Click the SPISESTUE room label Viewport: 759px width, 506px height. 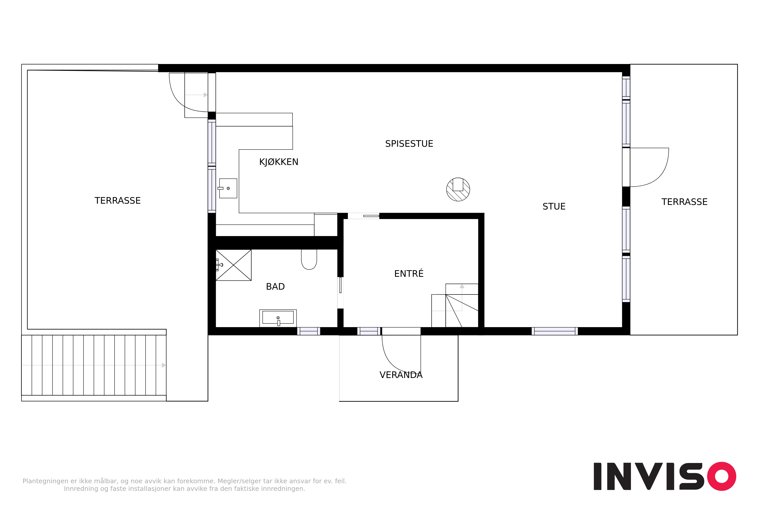(x=409, y=144)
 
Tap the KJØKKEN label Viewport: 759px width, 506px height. (x=279, y=162)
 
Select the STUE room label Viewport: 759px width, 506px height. (x=554, y=206)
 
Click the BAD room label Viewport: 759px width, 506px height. (x=275, y=287)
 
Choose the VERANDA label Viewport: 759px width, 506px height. (x=401, y=375)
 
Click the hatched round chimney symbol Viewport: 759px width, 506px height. (x=458, y=189)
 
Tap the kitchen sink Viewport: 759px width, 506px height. (x=228, y=188)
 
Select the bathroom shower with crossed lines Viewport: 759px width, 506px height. (x=233, y=265)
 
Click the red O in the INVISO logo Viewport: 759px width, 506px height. (x=722, y=476)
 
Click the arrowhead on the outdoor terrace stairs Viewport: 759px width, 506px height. (x=164, y=365)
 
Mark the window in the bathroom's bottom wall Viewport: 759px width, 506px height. (x=308, y=331)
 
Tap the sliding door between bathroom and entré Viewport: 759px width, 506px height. (x=340, y=285)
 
